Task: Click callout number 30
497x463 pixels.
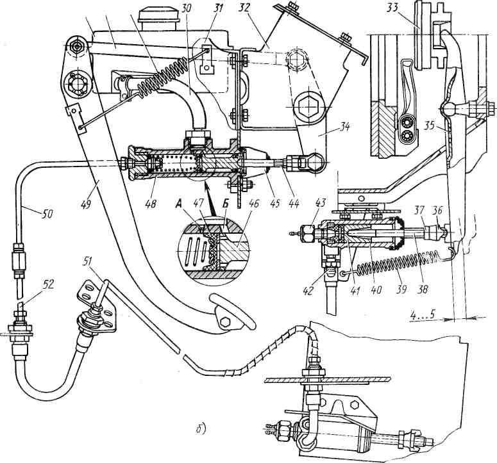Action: [187, 8]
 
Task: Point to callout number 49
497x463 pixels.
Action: [87, 204]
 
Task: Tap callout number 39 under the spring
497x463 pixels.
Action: [401, 289]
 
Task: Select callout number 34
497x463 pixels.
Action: [344, 127]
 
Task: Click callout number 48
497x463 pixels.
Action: [152, 204]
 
